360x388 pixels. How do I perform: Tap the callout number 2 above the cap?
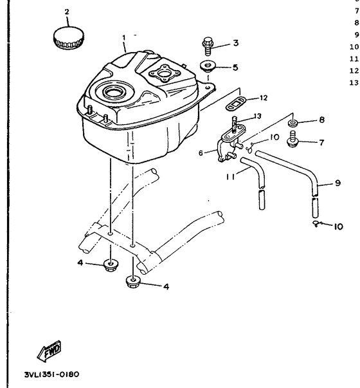coord(67,12)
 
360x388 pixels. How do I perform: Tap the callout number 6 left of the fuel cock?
coord(201,152)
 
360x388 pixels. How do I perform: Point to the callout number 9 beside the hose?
coord(337,183)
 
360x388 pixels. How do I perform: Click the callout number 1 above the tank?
coord(124,38)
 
